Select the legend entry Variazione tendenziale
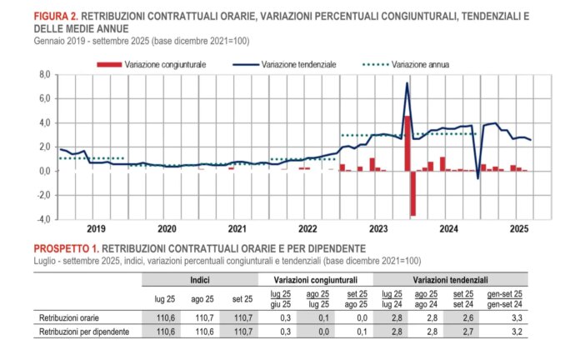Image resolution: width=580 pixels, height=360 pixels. pyautogui.click(x=298, y=64)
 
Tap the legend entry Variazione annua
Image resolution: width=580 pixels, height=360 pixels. pyautogui.click(x=420, y=64)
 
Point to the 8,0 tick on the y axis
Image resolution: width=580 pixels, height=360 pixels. pyautogui.click(x=45, y=75)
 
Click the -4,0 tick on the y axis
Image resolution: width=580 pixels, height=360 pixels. pyautogui.click(x=44, y=219)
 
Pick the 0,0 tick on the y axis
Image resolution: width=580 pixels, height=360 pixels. pyautogui.click(x=45, y=172)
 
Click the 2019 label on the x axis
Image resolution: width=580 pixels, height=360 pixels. pyautogui.click(x=96, y=228)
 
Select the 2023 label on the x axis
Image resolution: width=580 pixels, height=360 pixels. pyautogui.click(x=379, y=228)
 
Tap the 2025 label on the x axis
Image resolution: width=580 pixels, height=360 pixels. pyautogui.click(x=520, y=228)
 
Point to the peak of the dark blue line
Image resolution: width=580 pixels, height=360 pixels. pyautogui.click(x=407, y=83)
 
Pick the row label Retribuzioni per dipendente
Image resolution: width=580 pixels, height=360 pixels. pyautogui.click(x=83, y=332)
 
